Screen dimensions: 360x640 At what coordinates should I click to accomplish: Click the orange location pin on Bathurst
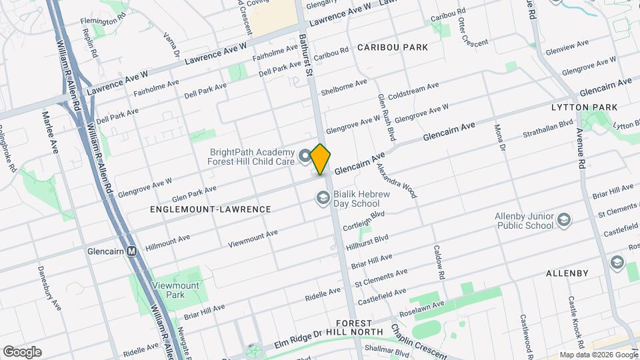pos(321,159)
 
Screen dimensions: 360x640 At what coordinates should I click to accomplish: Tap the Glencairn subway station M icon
pos(131,251)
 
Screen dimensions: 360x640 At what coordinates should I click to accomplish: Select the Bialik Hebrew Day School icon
pos(323,197)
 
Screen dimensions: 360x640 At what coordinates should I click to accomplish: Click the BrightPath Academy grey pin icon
pos(305,156)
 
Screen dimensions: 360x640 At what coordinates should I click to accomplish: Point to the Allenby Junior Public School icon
pos(564,220)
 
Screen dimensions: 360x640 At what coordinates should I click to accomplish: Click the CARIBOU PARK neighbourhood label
pos(392,47)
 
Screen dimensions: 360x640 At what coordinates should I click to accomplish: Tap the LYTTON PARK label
pos(584,107)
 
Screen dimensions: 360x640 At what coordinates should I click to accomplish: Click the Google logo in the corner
pos(22,352)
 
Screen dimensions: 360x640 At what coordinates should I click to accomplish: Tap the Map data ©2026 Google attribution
pos(598,355)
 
